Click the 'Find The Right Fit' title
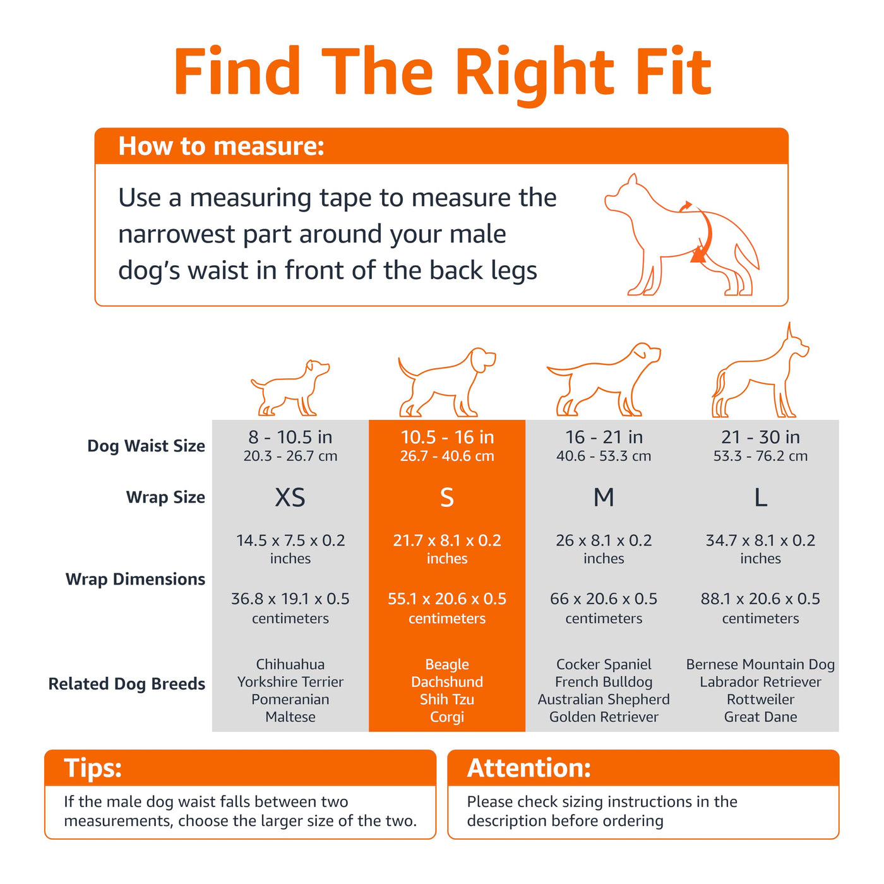coord(442,73)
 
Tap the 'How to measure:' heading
coord(221,146)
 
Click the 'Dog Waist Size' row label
coord(146,446)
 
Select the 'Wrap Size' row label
coord(165,498)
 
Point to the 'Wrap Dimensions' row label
coord(135,580)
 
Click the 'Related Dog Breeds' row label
coord(127,684)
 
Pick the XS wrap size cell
coord(290,498)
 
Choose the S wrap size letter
coord(447,498)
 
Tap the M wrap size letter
coord(604,498)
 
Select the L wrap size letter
coord(761,498)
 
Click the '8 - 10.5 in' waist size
coord(290,437)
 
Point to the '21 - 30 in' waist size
coord(761,437)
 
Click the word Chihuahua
coord(290,664)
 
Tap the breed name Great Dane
coord(761,717)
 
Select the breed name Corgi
coord(447,717)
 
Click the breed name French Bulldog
coord(604,682)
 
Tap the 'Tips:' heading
coord(93,768)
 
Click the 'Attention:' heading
coord(529,768)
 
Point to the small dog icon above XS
coord(290,388)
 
